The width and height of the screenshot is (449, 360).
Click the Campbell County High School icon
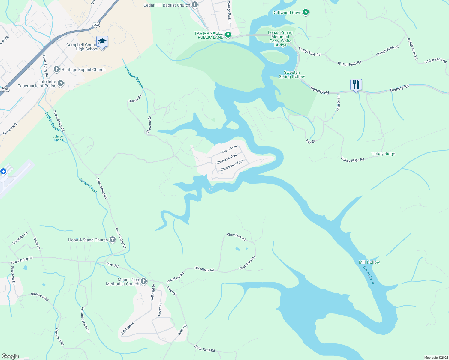tap(102, 42)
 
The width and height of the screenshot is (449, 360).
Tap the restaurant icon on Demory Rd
tap(356, 85)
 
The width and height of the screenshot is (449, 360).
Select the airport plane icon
tap(3, 172)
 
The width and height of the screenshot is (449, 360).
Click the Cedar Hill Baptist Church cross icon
tap(195, 5)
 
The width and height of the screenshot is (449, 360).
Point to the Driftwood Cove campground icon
tap(306, 13)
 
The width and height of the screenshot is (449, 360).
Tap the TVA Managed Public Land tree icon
tap(228, 35)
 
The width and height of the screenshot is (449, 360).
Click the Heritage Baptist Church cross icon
tap(56, 70)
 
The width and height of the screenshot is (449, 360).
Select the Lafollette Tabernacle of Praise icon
tap(61, 83)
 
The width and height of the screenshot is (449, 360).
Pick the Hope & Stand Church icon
tap(113, 240)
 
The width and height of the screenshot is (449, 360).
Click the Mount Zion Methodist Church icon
tap(144, 281)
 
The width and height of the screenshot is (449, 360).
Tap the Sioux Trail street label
tap(229, 149)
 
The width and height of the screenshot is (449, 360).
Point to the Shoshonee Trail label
tap(232, 166)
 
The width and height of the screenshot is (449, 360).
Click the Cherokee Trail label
tap(227, 159)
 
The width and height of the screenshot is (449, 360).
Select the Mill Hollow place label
tap(369, 262)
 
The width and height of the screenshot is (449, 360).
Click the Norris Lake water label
tap(369, 275)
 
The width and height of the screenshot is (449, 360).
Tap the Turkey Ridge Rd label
tap(352, 160)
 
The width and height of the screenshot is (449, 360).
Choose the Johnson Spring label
tap(59, 138)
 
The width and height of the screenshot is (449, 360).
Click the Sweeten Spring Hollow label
tap(292, 74)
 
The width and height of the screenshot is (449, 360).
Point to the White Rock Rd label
tap(204, 348)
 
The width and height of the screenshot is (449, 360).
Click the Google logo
tap(10, 356)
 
